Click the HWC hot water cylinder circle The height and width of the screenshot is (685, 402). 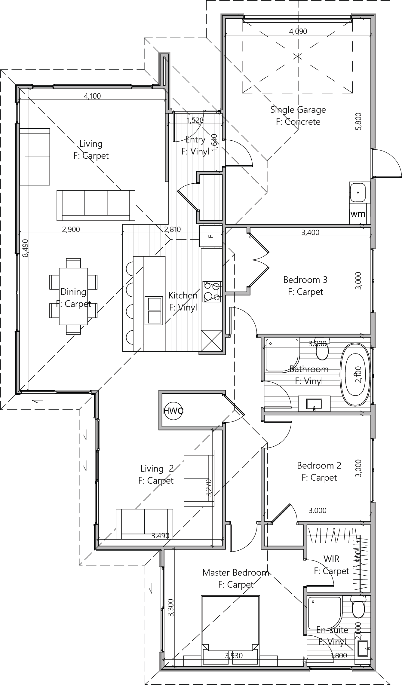click(173, 410)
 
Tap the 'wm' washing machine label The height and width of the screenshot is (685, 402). click(358, 214)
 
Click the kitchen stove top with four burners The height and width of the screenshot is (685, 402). click(212, 292)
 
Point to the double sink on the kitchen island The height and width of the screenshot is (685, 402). click(154, 310)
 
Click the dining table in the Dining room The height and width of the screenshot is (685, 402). click(73, 296)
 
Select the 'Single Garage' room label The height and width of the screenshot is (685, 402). click(298, 110)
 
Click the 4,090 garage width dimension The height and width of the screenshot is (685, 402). click(298, 31)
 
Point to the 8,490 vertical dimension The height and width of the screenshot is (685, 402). click(25, 248)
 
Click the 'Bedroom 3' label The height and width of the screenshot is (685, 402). click(305, 280)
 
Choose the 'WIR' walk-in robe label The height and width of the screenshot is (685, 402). click(331, 559)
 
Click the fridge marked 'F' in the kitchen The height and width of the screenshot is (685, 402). click(210, 236)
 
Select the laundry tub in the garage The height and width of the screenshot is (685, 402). click(358, 192)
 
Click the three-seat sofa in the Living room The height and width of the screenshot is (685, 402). click(96, 205)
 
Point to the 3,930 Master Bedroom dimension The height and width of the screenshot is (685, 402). click(234, 656)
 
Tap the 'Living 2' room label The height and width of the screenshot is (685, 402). click(157, 469)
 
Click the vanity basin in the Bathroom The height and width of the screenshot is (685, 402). click(314, 404)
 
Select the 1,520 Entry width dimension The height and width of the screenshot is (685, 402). click(195, 121)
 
